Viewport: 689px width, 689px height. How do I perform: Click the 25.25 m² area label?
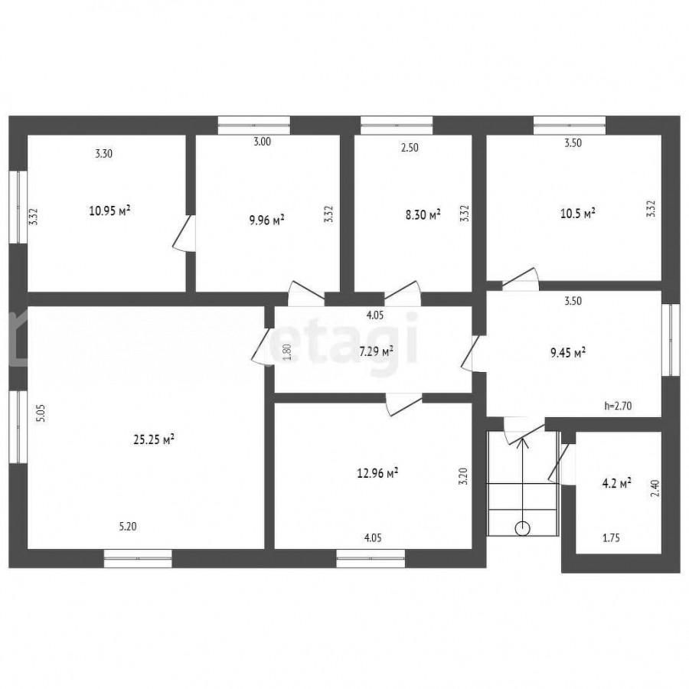[154, 439]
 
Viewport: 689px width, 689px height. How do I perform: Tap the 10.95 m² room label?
[109, 211]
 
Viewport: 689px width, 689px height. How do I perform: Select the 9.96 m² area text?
[266, 219]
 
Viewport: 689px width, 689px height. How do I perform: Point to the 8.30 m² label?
[423, 215]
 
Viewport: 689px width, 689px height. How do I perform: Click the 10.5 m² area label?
[578, 214]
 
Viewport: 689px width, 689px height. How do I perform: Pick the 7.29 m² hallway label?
[376, 351]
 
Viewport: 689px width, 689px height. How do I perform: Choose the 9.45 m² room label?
[568, 352]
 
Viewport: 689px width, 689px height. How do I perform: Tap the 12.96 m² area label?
[378, 473]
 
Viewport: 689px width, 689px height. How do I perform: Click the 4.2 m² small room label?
[616, 483]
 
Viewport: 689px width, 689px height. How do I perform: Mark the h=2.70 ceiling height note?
[619, 406]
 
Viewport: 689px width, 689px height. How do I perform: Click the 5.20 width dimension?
[128, 526]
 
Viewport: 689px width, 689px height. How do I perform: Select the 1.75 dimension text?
[611, 538]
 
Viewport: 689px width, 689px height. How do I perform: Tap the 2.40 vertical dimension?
[655, 488]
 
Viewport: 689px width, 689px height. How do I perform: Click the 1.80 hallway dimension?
[286, 352]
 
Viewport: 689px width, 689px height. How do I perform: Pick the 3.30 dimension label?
[103, 153]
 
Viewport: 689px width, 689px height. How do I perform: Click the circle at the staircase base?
[522, 528]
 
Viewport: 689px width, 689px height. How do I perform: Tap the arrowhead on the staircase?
[522, 443]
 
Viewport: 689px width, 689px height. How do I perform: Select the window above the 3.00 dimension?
[254, 126]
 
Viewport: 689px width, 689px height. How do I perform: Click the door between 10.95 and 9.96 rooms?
[185, 233]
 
